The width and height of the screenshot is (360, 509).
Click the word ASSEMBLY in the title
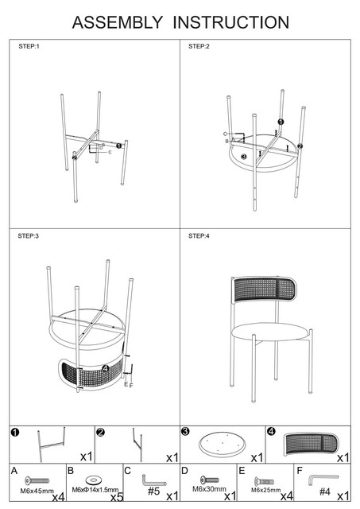[x=117, y=22]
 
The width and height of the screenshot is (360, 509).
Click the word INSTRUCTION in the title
[x=231, y=22]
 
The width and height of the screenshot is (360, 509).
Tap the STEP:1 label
[x=29, y=46]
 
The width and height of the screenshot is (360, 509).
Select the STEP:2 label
[x=199, y=46]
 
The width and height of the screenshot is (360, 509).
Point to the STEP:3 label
[x=29, y=236]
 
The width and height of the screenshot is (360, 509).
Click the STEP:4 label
[x=199, y=236]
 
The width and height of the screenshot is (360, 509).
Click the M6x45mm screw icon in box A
[x=37, y=480]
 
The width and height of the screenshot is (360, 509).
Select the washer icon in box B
[x=94, y=480]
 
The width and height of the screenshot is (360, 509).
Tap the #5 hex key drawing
[x=153, y=480]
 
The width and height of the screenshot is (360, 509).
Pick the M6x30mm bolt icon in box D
[x=209, y=480]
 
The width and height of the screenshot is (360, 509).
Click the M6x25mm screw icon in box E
[x=265, y=481]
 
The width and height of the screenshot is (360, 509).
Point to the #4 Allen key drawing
[x=323, y=479]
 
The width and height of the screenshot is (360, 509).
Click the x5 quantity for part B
[x=117, y=497]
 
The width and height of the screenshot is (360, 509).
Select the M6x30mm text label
[x=209, y=488]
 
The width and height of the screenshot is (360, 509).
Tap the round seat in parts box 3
[x=223, y=444]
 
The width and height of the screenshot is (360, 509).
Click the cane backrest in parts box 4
[x=311, y=444]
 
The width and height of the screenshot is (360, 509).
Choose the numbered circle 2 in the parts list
[x=101, y=432]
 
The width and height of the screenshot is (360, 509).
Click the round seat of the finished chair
[x=270, y=332]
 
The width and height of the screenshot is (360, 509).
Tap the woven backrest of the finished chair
[x=264, y=289]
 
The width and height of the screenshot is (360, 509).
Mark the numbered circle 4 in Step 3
[x=106, y=368]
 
